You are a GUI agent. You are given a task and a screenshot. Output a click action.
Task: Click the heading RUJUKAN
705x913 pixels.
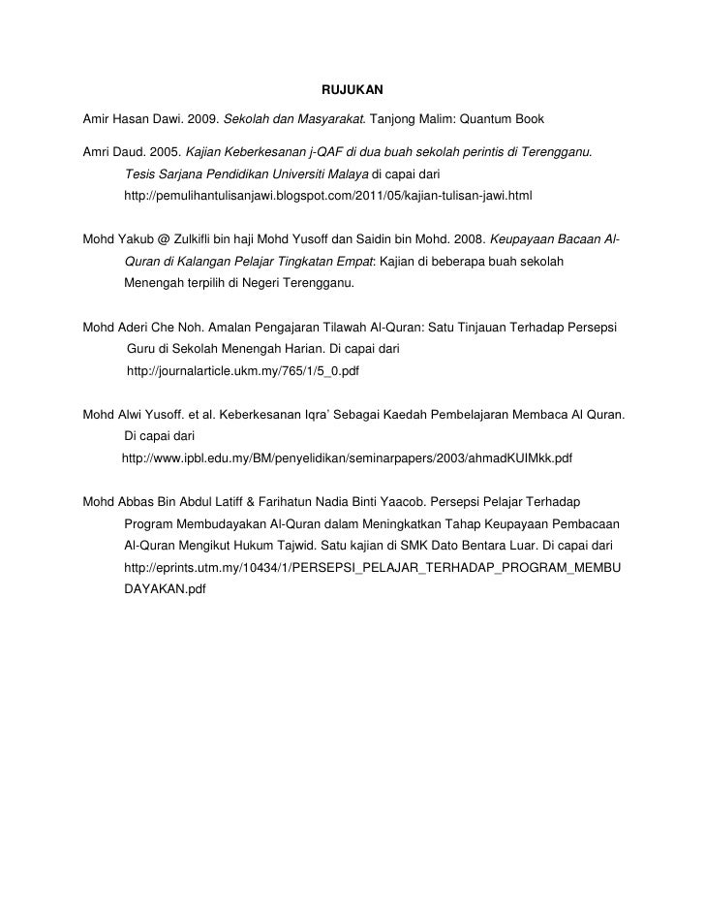pyautogui.click(x=352, y=90)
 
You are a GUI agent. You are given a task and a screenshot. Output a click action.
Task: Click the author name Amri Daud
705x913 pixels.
pyautogui.click(x=111, y=152)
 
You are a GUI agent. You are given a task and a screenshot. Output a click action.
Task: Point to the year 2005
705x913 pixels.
pyautogui.click(x=164, y=152)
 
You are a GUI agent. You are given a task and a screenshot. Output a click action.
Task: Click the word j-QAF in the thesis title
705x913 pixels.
pyautogui.click(x=328, y=152)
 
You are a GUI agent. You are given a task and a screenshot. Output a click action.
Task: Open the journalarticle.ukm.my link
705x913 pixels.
pyautogui.click(x=243, y=370)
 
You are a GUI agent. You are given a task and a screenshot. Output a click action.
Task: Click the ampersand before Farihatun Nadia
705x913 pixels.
pyautogui.click(x=250, y=502)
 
